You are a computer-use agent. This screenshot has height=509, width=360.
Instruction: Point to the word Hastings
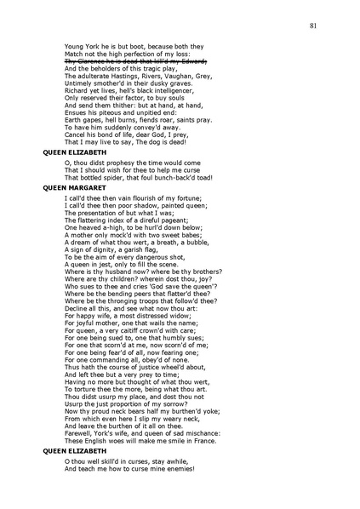[x=123, y=77]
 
